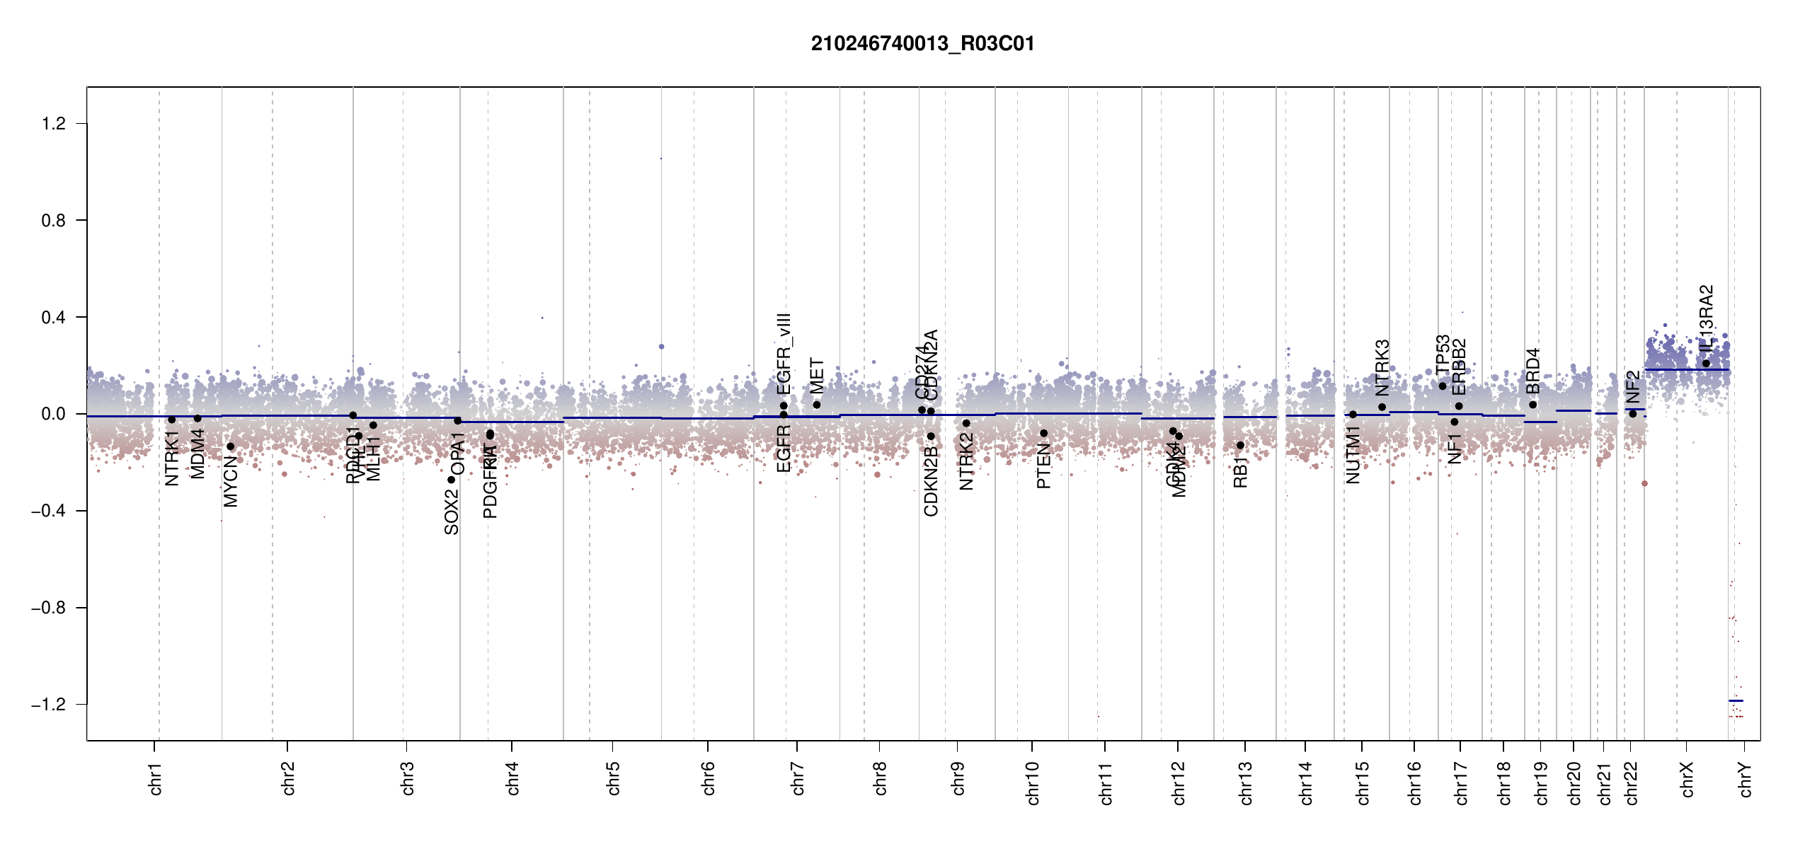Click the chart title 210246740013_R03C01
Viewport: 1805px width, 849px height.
click(x=922, y=44)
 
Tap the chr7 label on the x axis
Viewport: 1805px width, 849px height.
click(x=798, y=778)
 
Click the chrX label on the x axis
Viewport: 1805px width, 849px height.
click(x=1687, y=779)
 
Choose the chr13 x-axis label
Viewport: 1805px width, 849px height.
click(x=1245, y=782)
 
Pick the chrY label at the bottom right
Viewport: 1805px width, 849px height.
click(x=1746, y=779)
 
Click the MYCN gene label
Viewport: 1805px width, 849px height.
click(x=231, y=481)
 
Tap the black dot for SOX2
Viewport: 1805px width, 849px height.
click(x=452, y=480)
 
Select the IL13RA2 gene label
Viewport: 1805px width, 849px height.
click(x=1707, y=318)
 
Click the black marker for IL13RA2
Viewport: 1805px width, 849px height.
click(x=1706, y=364)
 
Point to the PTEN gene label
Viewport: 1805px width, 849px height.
click(x=1043, y=466)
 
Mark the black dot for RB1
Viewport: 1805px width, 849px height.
click(x=1240, y=445)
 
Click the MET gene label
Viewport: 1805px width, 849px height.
click(x=817, y=376)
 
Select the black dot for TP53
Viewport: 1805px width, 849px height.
click(x=1443, y=386)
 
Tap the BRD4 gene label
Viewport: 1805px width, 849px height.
click(x=1532, y=371)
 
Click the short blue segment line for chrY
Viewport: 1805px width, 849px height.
click(x=1736, y=700)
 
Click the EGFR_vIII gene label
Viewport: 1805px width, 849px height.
click(x=784, y=354)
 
